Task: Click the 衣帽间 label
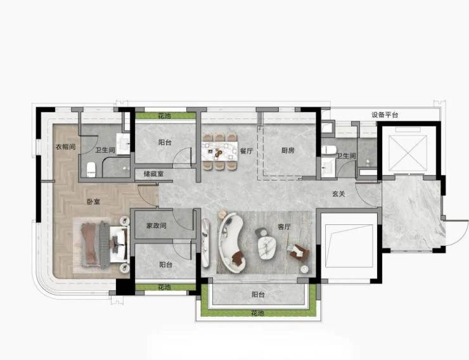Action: [66, 147]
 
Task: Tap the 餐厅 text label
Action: [247, 151]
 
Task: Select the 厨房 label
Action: [288, 150]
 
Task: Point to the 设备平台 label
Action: [385, 115]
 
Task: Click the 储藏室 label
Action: [153, 174]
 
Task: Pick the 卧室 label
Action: [94, 202]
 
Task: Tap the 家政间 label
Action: [156, 226]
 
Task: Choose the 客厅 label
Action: [284, 227]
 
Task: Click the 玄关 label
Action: [338, 194]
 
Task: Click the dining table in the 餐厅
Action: [220, 151]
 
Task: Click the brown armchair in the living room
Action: [298, 252]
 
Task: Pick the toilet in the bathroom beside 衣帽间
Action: [91, 169]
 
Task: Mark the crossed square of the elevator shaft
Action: [408, 153]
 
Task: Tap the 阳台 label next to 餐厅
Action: [165, 143]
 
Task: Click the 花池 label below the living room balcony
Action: [258, 313]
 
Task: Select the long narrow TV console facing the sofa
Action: [205, 243]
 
